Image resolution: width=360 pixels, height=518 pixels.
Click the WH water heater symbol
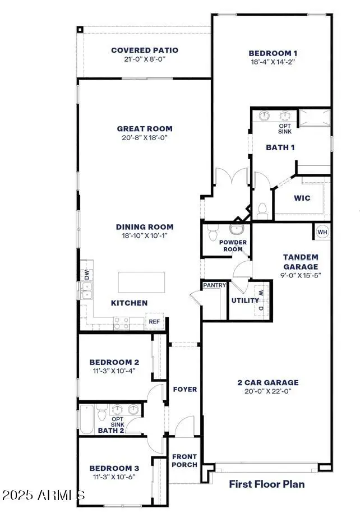coord(322,232)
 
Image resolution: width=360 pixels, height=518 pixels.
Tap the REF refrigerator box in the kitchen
coord(154,322)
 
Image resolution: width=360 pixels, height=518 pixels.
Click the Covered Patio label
coord(145,50)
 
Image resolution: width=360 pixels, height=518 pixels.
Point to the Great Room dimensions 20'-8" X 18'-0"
coord(145,137)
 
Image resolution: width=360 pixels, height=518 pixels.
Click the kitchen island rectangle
coord(141,280)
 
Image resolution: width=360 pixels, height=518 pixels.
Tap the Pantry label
coord(214,285)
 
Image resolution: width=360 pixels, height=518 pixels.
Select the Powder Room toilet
coord(213,234)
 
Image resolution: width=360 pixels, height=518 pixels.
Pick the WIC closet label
coord(302,198)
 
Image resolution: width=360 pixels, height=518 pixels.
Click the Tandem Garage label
coord(300,262)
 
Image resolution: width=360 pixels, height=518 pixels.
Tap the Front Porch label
coord(184,460)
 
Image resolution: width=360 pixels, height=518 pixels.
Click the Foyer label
coord(184,389)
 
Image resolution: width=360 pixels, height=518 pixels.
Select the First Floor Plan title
coord(266,483)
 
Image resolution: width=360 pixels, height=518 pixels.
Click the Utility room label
coord(244,300)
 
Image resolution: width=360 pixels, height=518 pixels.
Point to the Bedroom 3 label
coord(114,468)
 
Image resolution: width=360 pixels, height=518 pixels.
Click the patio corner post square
coord(80,29)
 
